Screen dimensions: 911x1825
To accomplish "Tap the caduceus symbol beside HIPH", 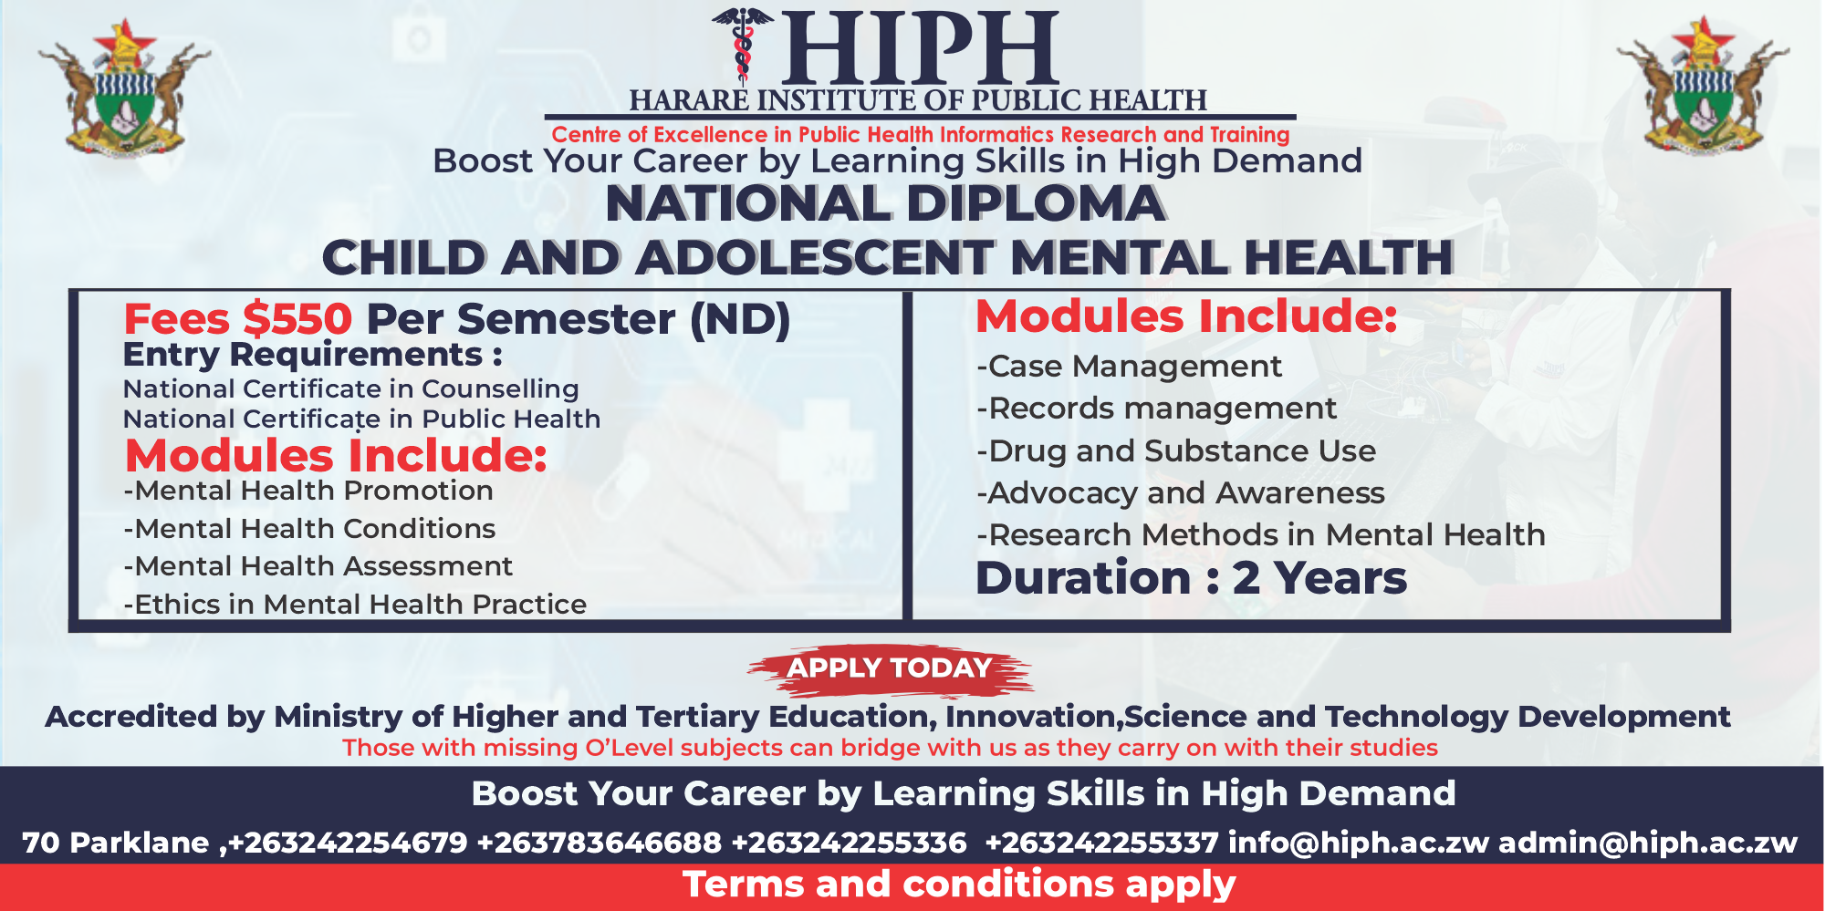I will click(x=743, y=46).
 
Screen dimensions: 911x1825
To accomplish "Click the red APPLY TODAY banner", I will click(x=890, y=668).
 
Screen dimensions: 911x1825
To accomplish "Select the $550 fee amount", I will click(x=297, y=319).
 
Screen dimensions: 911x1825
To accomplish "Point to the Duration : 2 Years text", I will click(x=1191, y=578).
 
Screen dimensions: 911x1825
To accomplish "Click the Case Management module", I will click(x=1129, y=367).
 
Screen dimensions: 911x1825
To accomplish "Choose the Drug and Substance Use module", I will click(x=1176, y=451).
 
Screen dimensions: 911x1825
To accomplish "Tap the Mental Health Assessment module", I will click(x=318, y=566).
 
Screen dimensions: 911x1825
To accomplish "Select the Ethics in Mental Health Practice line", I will click(x=356, y=605).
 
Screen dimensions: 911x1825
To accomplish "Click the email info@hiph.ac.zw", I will click(x=1358, y=843).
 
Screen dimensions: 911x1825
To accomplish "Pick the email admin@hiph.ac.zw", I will click(x=1647, y=843).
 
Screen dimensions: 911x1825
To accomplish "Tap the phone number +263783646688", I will click(x=599, y=843).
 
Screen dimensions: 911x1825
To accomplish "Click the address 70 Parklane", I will click(x=116, y=843).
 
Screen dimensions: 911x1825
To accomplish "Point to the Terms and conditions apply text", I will click(x=959, y=885).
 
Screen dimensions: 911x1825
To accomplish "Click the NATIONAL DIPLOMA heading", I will click(x=885, y=203).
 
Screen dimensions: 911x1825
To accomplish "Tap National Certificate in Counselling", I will click(x=350, y=389).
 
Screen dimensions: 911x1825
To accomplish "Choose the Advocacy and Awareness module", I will click(x=1181, y=493).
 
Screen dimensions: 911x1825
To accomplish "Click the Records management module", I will click(x=1156, y=409).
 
